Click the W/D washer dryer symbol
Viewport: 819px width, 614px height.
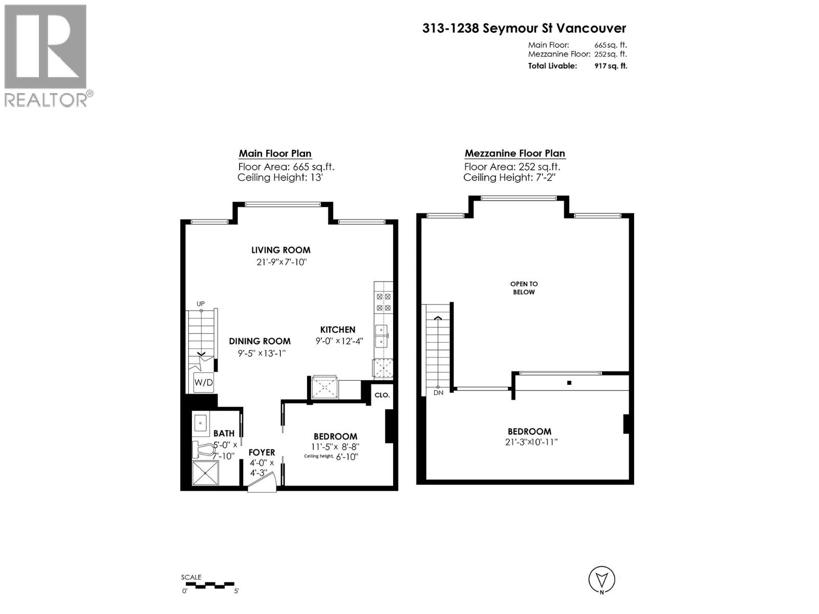[x=203, y=382]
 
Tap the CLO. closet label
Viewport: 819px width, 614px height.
[x=382, y=395]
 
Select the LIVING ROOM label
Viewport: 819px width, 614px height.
[x=281, y=250]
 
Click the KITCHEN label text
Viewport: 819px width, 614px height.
[x=337, y=330]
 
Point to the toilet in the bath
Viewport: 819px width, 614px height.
[x=204, y=449]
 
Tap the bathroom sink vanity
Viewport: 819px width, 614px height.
[x=201, y=423]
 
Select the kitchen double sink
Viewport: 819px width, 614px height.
[x=381, y=336]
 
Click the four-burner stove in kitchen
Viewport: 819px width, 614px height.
[x=383, y=302]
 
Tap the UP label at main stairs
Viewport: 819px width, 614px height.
[x=201, y=304]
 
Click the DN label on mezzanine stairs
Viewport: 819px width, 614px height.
[x=438, y=392]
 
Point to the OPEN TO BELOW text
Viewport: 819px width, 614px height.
[x=524, y=288]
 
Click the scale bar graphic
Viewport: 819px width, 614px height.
[x=208, y=584]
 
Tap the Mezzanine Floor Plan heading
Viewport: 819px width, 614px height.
[x=514, y=153]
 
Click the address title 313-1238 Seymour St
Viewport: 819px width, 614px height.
[x=524, y=29]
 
